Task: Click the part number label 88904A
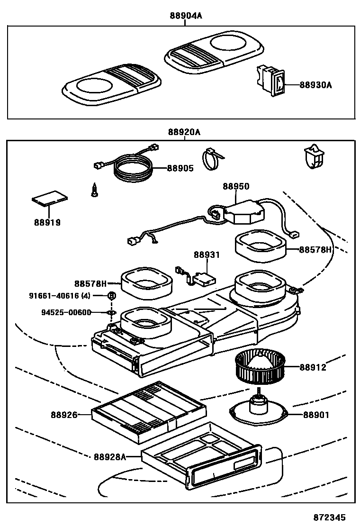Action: click(186, 16)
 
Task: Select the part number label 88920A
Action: click(183, 133)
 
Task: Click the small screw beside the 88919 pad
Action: click(95, 190)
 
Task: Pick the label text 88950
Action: click(236, 187)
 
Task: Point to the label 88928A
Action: click(109, 457)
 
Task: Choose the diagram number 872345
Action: click(329, 517)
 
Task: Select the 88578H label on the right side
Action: click(315, 249)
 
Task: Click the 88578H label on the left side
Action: click(90, 283)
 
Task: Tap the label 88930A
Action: click(315, 85)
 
